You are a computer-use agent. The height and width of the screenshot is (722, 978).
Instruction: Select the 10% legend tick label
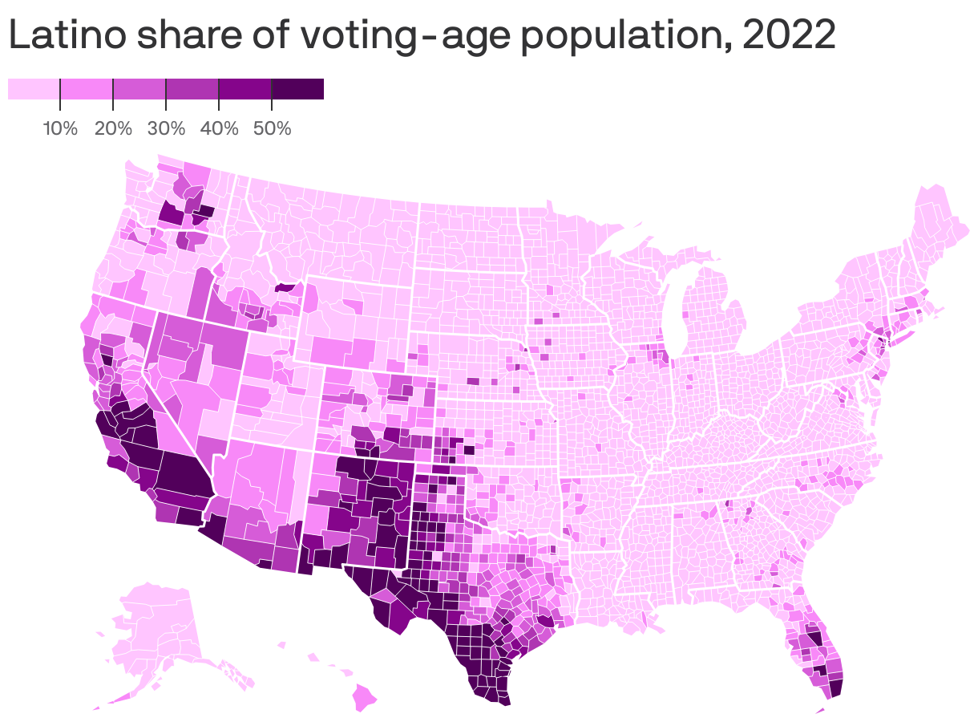(60, 128)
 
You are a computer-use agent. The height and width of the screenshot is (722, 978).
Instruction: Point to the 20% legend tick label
(113, 128)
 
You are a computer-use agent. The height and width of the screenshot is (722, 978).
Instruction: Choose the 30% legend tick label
(166, 128)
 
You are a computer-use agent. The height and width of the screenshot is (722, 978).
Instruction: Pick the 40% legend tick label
(219, 128)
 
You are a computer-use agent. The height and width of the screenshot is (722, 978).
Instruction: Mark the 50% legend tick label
(272, 128)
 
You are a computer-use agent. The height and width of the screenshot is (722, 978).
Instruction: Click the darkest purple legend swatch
(297, 89)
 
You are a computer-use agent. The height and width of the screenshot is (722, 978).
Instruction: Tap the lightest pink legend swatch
(34, 89)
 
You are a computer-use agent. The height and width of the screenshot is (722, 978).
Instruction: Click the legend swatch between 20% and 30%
(139, 89)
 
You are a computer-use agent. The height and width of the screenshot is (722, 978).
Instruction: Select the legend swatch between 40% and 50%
(245, 89)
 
